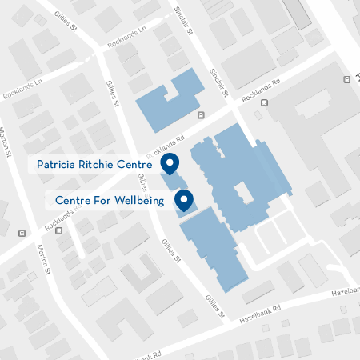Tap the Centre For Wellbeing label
tap(109, 200)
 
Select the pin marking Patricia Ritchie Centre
tap(169, 163)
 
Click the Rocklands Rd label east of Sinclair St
tap(259, 94)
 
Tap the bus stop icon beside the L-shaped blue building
tap(200, 114)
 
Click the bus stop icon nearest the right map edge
tap(346, 79)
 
